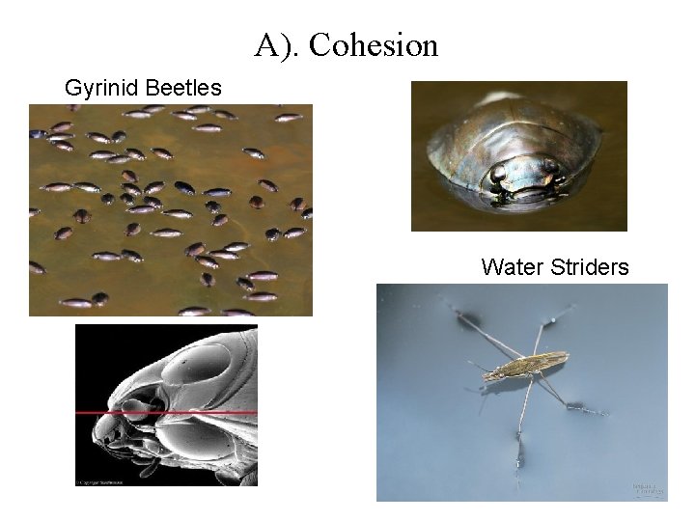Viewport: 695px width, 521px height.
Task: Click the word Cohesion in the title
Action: [x=374, y=45]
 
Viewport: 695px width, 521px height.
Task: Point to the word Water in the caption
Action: [x=511, y=266]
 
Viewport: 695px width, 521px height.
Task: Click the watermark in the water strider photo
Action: [x=646, y=490]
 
